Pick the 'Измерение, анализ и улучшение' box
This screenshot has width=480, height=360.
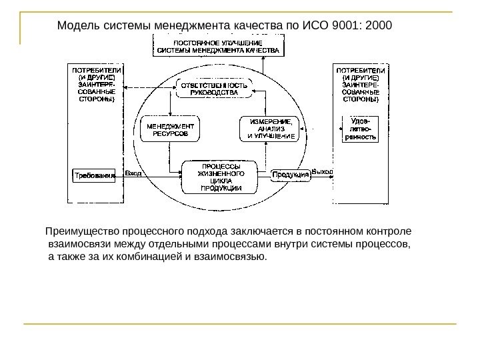pyautogui.click(x=271, y=129)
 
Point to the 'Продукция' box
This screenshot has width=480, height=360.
pyautogui.click(x=291, y=175)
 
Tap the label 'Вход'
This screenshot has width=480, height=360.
pyautogui.click(x=133, y=173)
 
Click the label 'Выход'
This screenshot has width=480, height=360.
pyautogui.click(x=323, y=172)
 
